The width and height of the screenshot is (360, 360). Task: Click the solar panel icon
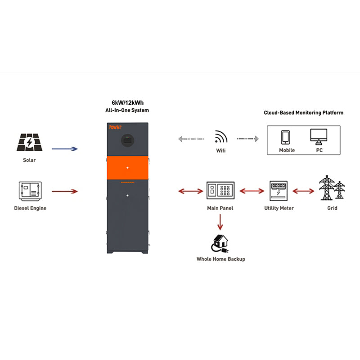[x=29, y=143]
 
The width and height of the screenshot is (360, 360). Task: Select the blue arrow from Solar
[x=65, y=148]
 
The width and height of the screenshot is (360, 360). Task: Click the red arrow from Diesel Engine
[x=65, y=192]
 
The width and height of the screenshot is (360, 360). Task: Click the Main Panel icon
[x=220, y=191]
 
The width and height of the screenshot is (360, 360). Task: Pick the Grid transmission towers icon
[x=332, y=189]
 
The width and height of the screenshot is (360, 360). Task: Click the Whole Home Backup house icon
[x=220, y=243]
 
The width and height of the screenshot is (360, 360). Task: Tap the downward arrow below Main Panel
[x=220, y=221]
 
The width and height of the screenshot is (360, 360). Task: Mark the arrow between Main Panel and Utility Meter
[x=252, y=191]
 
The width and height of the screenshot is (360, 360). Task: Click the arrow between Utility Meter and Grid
[x=303, y=191]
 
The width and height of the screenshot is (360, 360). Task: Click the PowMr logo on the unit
[x=115, y=127]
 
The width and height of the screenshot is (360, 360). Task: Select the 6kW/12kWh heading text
[x=124, y=103]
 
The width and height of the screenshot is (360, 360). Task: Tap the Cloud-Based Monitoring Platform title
[x=303, y=112]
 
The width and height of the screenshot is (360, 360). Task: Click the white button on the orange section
[x=127, y=167]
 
